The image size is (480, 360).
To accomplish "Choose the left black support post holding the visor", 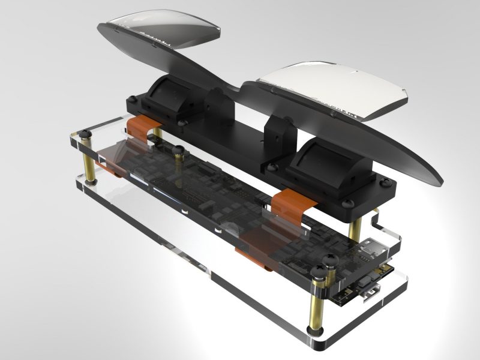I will [x=216, y=105].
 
